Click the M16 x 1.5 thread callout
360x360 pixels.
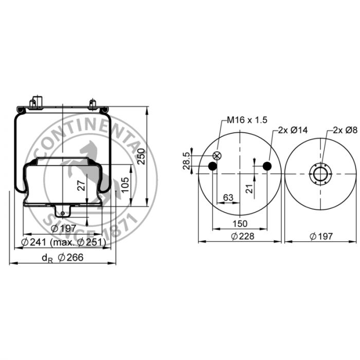pyautogui.click(x=247, y=120)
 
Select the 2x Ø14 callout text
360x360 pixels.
pyautogui.click(x=293, y=130)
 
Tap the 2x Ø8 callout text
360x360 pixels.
pyautogui.click(x=345, y=130)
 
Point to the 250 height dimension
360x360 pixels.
pyautogui.click(x=141, y=156)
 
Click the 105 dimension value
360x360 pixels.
pyautogui.click(x=125, y=185)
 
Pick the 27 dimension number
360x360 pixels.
pyautogui.click(x=81, y=186)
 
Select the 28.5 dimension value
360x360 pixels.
pyautogui.click(x=187, y=160)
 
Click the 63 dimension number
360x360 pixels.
pyautogui.click(x=228, y=197)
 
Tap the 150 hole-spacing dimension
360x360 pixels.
pyautogui.click(x=240, y=224)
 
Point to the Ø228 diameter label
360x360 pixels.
pyautogui.click(x=242, y=236)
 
